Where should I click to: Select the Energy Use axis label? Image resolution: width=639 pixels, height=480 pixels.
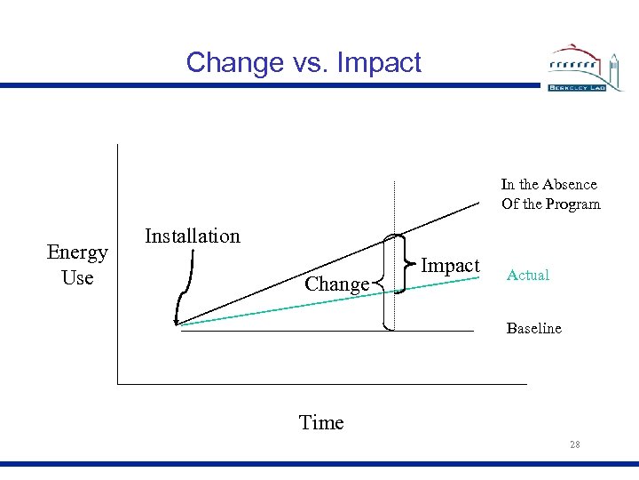[x=77, y=265]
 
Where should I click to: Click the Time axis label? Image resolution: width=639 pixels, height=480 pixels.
[x=321, y=423]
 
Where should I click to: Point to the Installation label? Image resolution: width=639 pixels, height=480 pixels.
[x=192, y=236]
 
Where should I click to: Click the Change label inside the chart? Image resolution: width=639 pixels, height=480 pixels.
[x=336, y=284]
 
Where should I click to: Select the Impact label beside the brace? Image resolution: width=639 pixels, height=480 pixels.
[x=450, y=266]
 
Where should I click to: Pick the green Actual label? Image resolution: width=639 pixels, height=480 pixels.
[x=528, y=276]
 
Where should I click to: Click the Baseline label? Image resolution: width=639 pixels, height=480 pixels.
[x=533, y=329]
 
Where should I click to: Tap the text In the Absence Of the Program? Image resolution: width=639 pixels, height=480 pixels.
[x=550, y=195]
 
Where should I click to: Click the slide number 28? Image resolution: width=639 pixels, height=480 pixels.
[x=575, y=444]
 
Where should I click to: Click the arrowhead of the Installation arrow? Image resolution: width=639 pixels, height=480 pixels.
[x=178, y=320]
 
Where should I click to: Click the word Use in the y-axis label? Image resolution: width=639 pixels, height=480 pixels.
[x=78, y=277]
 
